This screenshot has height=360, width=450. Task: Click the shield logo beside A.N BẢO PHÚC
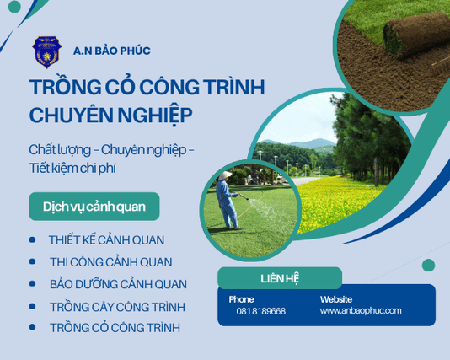(x=46, y=52)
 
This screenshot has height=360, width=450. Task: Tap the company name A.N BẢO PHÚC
(x=112, y=51)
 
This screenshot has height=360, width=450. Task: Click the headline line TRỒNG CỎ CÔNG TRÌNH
(x=147, y=88)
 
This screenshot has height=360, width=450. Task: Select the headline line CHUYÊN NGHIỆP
(x=110, y=114)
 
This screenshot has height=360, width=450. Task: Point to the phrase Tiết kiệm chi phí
(x=72, y=168)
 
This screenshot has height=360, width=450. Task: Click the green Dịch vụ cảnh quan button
(x=94, y=207)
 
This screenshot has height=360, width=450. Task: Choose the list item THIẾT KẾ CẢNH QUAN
(x=106, y=240)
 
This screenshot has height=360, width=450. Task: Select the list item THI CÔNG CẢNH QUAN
(x=110, y=262)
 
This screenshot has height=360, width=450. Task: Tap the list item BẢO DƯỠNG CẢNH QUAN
(x=118, y=284)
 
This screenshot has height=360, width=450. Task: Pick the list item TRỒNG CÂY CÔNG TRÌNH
(x=117, y=306)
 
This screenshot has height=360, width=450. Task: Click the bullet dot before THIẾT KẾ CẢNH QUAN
(x=32, y=240)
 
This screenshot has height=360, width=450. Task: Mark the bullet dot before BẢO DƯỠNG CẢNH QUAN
(x=32, y=284)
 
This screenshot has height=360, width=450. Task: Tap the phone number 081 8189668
(x=260, y=311)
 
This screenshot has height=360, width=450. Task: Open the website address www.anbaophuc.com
(x=361, y=310)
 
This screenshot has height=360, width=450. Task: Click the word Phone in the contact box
(x=241, y=298)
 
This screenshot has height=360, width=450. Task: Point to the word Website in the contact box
(x=337, y=298)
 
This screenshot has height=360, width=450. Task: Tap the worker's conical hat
(x=225, y=175)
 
